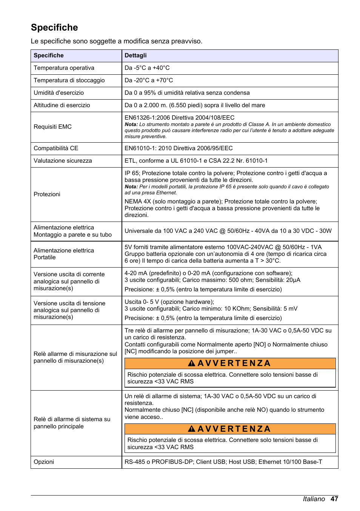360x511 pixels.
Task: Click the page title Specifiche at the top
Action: tap(54, 28)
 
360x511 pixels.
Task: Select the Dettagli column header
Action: tap(135, 55)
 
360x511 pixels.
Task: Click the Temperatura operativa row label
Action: tap(64, 68)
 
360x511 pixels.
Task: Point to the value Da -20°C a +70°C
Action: tap(149, 80)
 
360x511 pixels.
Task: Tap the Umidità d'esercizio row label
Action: tap(58, 93)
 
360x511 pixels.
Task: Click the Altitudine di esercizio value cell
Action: tap(195, 105)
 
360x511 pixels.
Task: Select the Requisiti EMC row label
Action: tap(52, 127)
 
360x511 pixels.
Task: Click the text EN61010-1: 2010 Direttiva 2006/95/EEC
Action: tap(178, 148)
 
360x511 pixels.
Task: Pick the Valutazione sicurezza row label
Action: tap(63, 161)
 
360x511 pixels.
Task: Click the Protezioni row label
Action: tap(47, 194)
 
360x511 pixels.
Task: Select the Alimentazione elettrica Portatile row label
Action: tap(63, 254)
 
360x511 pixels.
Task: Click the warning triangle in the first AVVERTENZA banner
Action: tap(191, 363)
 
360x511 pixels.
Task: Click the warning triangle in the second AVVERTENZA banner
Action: tap(191, 429)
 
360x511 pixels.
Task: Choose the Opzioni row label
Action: tap(44, 462)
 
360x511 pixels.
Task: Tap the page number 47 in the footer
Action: tap(334, 499)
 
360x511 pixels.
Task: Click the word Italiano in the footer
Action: tap(314, 499)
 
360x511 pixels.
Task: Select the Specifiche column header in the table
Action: tap(49, 55)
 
